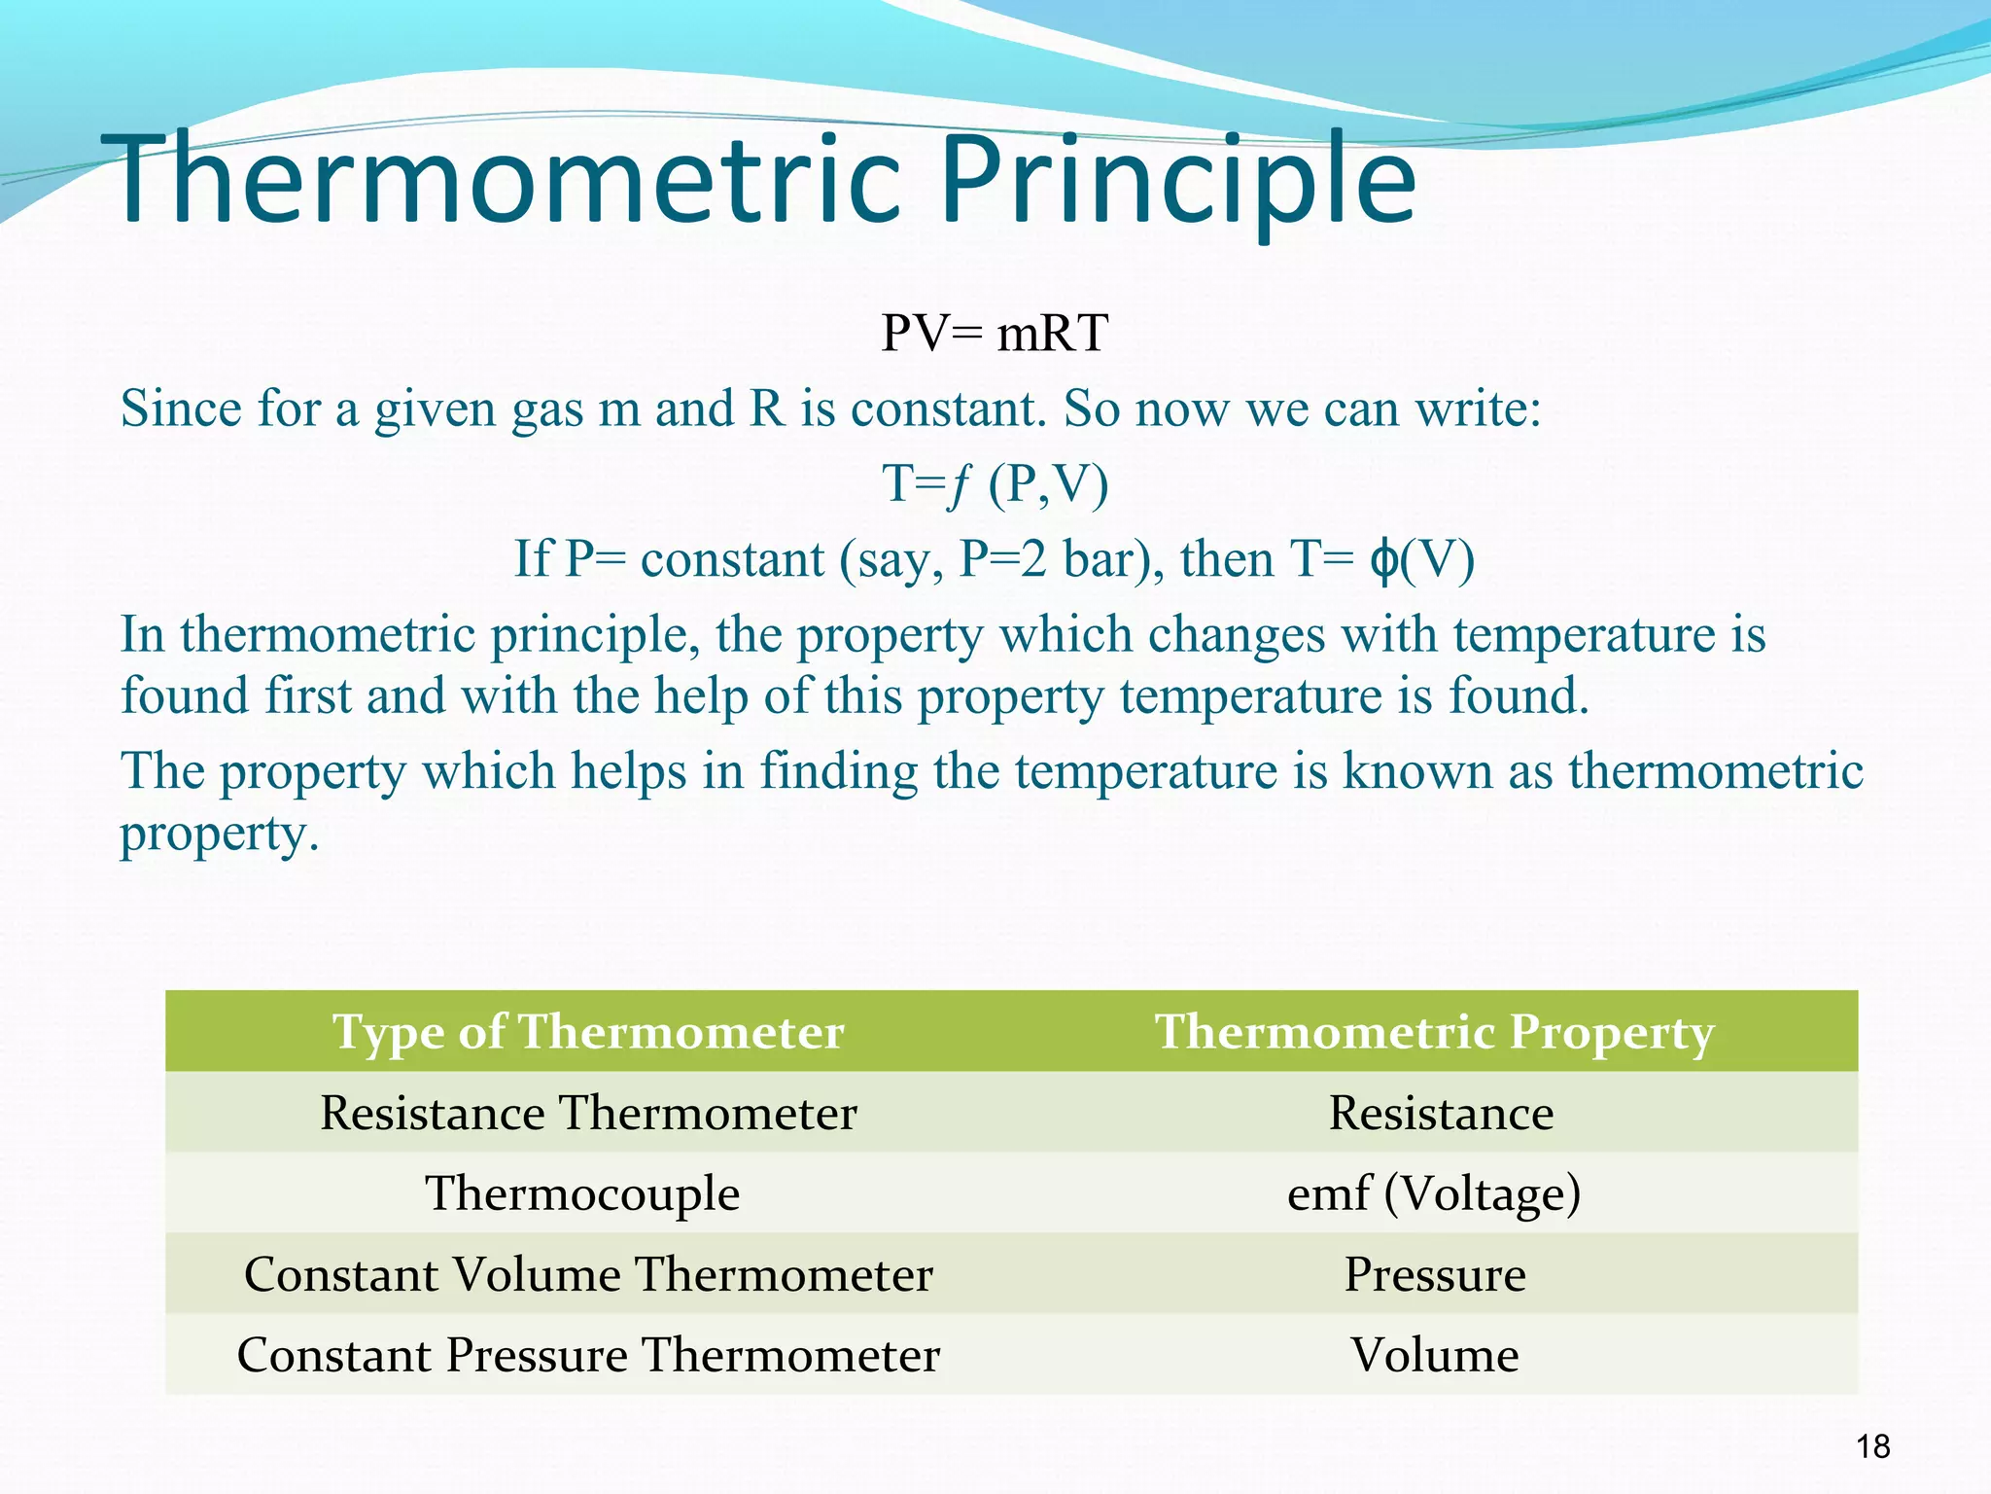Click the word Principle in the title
[x=1176, y=180]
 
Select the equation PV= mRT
[x=994, y=334]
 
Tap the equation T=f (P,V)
[x=995, y=483]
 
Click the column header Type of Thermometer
[x=587, y=1031]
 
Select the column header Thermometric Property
[x=1434, y=1031]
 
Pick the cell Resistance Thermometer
[x=588, y=1113]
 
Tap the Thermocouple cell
[x=582, y=1193]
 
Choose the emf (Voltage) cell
[x=1434, y=1193]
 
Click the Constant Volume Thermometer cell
[x=588, y=1274]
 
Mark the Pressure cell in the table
[x=1435, y=1274]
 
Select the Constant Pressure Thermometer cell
[x=588, y=1355]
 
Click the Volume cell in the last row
[x=1435, y=1355]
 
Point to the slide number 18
[x=1872, y=1447]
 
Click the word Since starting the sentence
[x=180, y=409]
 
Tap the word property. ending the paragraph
[x=219, y=835]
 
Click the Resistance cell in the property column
[x=1441, y=1113]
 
